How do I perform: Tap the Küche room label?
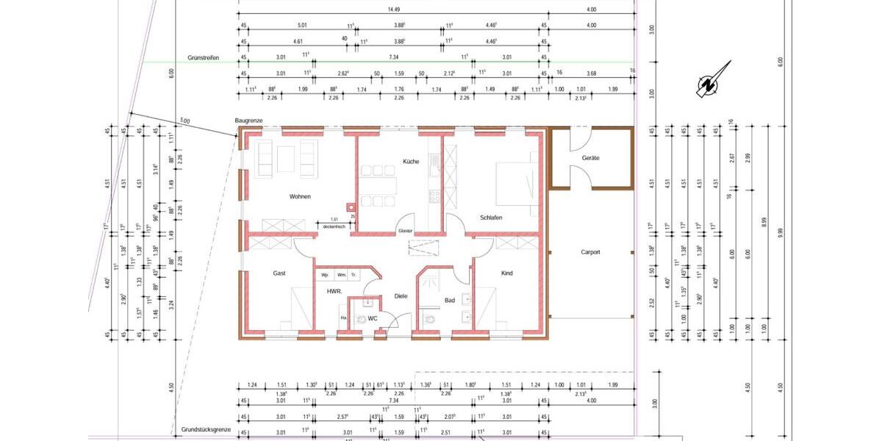pos(410,161)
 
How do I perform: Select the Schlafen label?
pos(491,218)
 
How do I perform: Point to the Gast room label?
pos(279,273)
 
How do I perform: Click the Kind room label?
pos(506,273)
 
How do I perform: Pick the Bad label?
pos(450,300)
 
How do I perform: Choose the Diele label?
pos(401,296)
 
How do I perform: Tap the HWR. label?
pos(335,292)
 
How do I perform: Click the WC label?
pos(373,318)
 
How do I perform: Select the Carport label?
pos(590,252)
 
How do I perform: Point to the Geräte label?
pos(591,158)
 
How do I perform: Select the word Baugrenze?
pos(248,120)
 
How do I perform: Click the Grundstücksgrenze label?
pos(207,429)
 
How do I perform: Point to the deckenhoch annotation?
pos(334,226)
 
